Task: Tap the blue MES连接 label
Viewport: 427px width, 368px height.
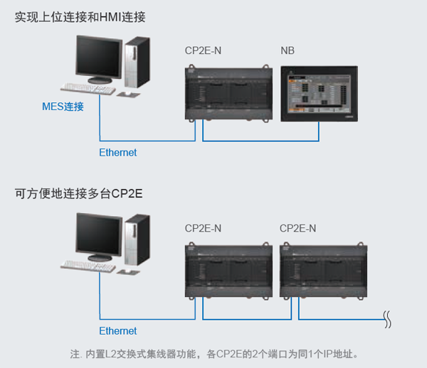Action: pyautogui.click(x=62, y=107)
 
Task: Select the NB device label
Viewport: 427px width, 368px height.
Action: pyautogui.click(x=288, y=50)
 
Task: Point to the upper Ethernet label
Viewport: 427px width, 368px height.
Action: pyautogui.click(x=118, y=153)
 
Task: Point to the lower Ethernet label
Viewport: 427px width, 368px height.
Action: pyautogui.click(x=118, y=331)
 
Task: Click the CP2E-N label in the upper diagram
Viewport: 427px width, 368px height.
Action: pyautogui.click(x=203, y=50)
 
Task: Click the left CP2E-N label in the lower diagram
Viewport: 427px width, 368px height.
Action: pyautogui.click(x=203, y=228)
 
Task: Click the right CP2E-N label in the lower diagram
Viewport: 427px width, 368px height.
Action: pyautogui.click(x=298, y=228)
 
